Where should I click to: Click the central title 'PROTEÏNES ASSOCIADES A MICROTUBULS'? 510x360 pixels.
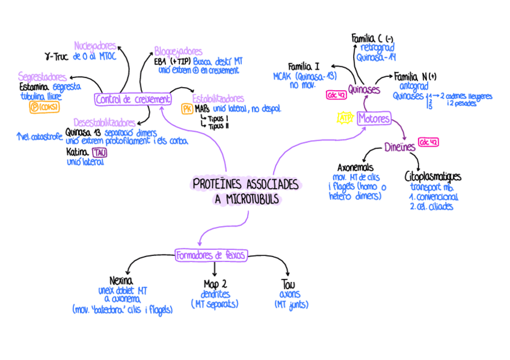click(x=245, y=191)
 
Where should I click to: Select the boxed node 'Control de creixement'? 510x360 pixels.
click(x=132, y=99)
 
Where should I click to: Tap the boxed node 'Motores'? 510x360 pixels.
click(x=374, y=118)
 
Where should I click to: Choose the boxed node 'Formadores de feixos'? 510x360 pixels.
click(x=211, y=255)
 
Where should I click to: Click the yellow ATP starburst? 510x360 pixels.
click(x=345, y=118)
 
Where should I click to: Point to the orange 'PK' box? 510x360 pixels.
click(x=186, y=109)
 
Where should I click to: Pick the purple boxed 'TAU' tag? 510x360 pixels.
click(x=100, y=153)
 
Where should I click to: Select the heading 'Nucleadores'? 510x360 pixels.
click(x=95, y=46)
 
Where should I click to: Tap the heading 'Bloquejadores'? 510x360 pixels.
click(x=179, y=51)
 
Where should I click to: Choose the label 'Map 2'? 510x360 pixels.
click(x=215, y=284)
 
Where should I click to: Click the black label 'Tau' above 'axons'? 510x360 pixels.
click(x=288, y=284)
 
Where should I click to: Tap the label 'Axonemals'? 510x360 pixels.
click(x=355, y=167)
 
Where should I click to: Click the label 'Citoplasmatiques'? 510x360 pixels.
click(x=433, y=177)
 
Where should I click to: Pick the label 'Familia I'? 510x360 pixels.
click(x=304, y=66)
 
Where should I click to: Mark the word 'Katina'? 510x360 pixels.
click(x=78, y=153)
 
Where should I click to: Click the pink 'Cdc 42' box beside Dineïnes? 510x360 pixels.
click(x=428, y=142)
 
